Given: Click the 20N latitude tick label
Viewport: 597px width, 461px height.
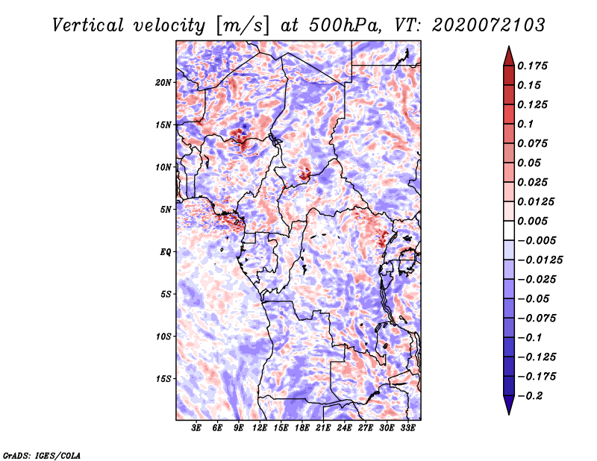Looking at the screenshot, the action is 163,82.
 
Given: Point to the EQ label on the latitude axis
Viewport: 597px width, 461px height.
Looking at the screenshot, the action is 166,252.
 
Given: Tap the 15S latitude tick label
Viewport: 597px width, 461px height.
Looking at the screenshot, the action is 163,379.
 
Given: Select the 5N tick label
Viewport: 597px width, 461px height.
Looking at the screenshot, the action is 166,210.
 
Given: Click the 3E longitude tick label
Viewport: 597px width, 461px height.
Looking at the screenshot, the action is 196,428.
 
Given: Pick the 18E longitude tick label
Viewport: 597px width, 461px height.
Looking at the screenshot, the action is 302,428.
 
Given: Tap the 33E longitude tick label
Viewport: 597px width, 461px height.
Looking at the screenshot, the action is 407,428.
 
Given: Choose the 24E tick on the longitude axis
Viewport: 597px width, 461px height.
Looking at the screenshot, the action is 344,428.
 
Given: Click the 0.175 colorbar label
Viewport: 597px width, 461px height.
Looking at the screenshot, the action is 532,66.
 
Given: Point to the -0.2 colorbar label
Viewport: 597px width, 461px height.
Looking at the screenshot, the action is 530,396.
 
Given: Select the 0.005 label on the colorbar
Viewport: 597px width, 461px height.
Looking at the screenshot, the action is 532,221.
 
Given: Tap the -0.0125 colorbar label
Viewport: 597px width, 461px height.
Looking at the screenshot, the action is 540,260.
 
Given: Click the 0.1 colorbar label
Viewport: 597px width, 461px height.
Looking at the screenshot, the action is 525,124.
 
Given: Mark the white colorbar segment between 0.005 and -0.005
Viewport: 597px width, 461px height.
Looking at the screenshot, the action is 509,230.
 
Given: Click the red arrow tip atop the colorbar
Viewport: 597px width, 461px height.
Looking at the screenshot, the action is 509,46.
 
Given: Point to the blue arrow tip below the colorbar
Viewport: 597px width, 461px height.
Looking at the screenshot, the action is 509,414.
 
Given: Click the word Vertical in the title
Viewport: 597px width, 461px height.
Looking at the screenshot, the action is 88,25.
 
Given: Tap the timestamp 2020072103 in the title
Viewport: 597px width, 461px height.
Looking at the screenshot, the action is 489,25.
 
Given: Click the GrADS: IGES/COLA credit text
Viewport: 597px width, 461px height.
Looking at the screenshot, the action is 42,455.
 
